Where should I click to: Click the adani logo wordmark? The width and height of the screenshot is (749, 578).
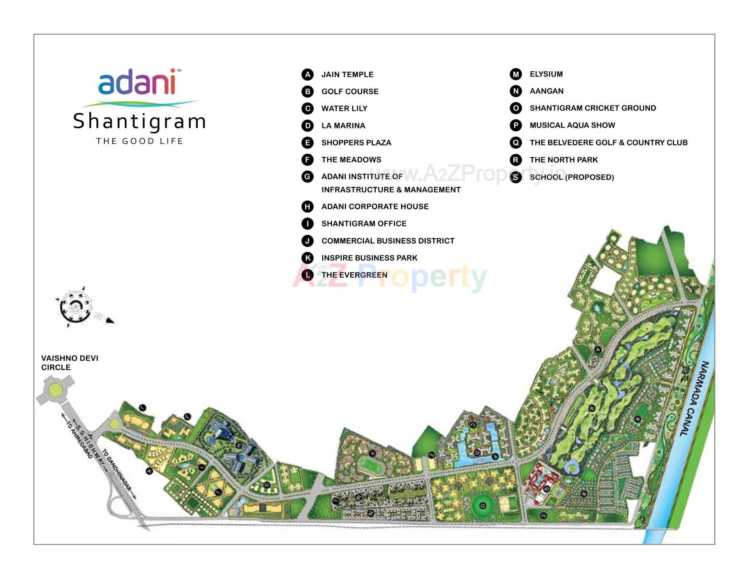(137, 82)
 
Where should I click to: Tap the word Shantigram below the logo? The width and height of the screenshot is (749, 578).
(139, 121)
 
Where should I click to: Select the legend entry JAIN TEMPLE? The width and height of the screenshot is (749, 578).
(347, 74)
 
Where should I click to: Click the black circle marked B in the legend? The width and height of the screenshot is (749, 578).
(307, 92)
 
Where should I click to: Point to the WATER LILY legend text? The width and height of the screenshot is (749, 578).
(344, 108)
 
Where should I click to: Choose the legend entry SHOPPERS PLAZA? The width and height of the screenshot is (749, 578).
(356, 143)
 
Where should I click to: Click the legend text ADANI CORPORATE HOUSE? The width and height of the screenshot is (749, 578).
(374, 207)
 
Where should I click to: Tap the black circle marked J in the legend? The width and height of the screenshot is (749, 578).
(307, 241)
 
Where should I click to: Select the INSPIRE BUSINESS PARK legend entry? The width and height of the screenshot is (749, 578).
(369, 258)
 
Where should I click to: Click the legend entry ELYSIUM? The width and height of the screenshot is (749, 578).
(546, 74)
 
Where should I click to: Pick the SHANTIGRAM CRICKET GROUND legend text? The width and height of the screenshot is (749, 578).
(593, 108)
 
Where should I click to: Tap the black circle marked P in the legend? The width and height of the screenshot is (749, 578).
(516, 125)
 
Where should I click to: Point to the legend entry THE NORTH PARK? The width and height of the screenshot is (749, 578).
(563, 160)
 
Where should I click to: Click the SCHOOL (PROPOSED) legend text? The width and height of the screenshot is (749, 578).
(572, 177)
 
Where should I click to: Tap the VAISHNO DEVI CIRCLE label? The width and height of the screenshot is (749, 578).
(69, 362)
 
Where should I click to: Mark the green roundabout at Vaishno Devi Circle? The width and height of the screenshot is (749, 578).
(55, 389)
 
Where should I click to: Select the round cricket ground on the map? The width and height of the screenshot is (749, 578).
(483, 506)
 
